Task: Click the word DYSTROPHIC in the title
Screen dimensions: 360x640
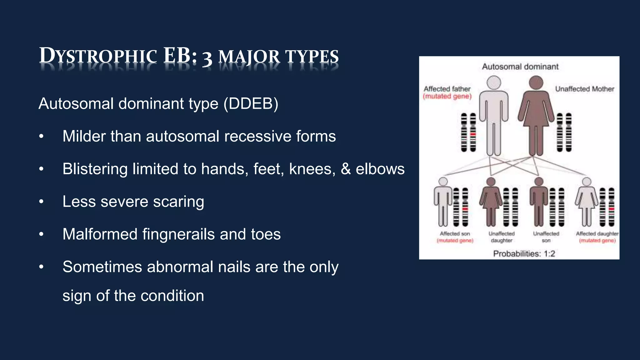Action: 98,57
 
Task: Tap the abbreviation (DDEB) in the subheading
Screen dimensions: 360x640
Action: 251,104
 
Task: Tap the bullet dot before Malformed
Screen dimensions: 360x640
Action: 41,234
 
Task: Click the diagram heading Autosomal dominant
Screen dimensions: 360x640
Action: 520,67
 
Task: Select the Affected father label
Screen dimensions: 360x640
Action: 447,89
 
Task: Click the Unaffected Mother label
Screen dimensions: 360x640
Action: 584,89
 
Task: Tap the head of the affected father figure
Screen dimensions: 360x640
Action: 494,83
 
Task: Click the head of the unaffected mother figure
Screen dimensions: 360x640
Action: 536,82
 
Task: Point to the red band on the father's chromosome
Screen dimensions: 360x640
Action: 473,134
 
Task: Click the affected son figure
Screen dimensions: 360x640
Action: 443,203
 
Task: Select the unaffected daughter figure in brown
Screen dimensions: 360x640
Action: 491,203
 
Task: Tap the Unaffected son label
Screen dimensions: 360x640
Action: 546,237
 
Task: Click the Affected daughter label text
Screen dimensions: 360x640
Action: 597,234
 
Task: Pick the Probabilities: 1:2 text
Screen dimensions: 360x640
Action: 524,253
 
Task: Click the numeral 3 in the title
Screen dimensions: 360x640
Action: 207,58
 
